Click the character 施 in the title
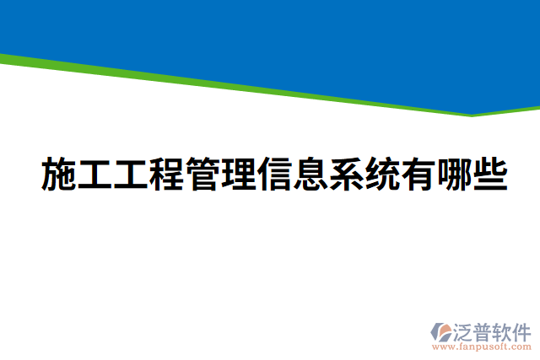coord(59,175)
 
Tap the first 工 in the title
coord(98,175)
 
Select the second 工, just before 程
coord(137,175)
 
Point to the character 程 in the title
coord(175,175)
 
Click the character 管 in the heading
coord(214,175)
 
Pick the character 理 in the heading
coord(253,175)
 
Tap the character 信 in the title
coord(293,175)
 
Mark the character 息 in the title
coord(332,175)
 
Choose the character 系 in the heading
coord(370,175)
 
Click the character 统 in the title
coord(409,175)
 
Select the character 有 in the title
coord(448,175)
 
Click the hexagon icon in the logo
coord(441,331)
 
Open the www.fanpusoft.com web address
coord(481,347)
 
